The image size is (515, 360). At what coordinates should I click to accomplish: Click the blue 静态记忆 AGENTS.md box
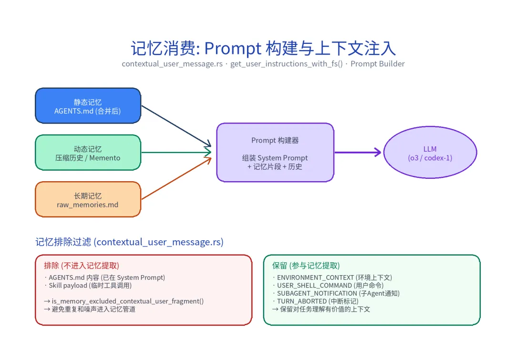88,106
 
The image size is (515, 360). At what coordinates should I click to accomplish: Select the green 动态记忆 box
88,153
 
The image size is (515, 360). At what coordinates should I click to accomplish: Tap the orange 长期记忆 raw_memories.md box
88,199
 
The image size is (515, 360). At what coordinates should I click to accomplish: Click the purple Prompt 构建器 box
275,153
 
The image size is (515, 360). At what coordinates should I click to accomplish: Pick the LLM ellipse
430,153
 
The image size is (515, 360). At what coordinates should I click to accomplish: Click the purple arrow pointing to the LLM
358,153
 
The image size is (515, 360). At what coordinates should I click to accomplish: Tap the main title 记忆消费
263,49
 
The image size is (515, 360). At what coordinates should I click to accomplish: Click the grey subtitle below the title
263,64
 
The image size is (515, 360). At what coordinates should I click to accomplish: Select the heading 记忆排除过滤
129,242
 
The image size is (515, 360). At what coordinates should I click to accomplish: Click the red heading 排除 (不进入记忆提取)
82,266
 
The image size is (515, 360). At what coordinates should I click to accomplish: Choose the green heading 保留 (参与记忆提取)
306,266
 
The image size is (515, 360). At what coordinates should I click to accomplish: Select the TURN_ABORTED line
315,301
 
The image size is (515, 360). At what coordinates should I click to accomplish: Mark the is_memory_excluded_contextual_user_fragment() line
124,301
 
